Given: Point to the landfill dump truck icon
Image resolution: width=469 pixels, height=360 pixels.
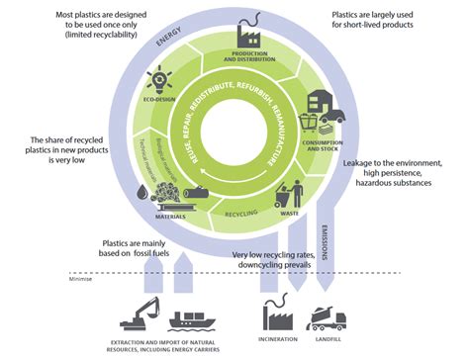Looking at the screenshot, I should click(329, 315).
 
